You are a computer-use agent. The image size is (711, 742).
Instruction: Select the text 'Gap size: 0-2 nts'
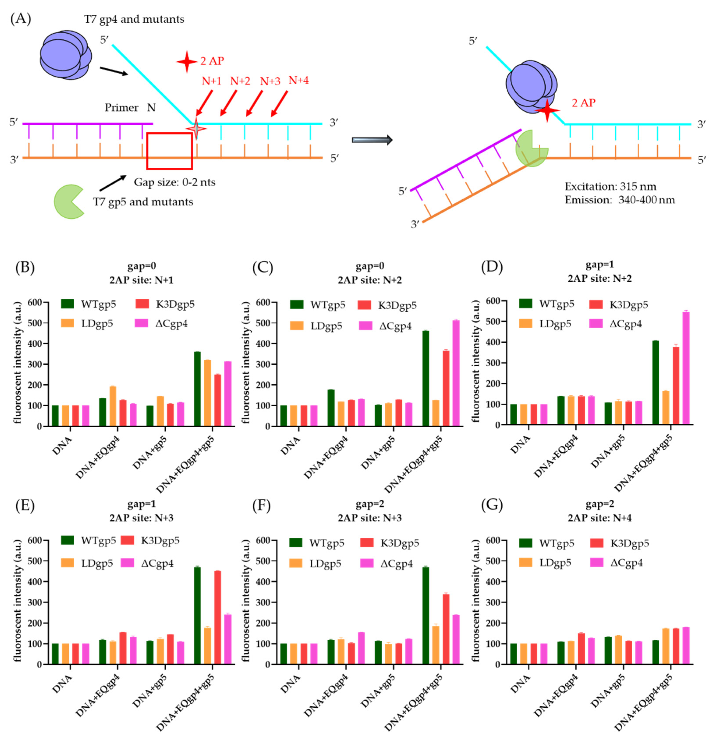[174, 183]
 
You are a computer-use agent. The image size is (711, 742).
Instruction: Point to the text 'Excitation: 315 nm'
[610, 187]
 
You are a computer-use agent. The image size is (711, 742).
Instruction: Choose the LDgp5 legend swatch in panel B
[67, 323]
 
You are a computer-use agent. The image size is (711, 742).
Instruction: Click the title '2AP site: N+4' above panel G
[599, 518]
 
